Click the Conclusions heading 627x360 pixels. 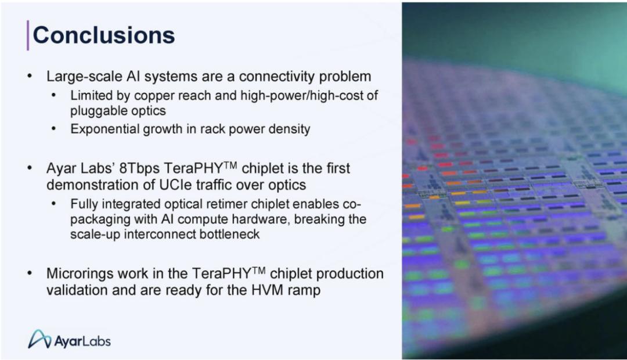pyautogui.click(x=103, y=35)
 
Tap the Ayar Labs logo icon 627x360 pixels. pyautogui.click(x=39, y=339)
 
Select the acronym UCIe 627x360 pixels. pyautogui.click(x=174, y=185)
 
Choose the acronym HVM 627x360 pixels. pyautogui.click(x=267, y=290)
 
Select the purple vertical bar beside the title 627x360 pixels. pyautogui.click(x=28, y=35)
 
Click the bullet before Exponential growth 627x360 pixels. pyautogui.click(x=54, y=129)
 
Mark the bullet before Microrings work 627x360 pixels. pyautogui.click(x=30, y=273)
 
